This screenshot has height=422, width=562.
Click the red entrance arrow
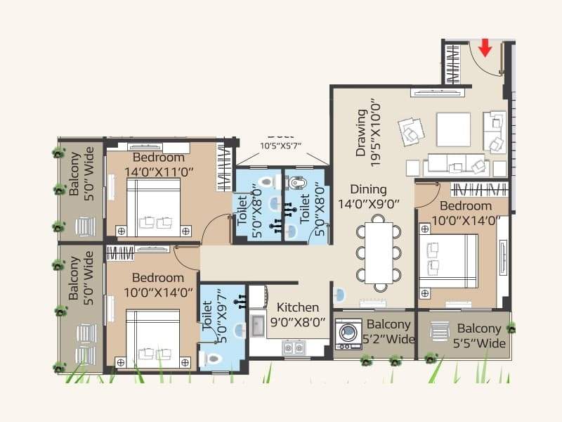pyautogui.click(x=484, y=48)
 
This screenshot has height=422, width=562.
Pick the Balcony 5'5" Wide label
pyautogui.click(x=480, y=335)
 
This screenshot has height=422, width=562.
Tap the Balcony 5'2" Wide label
pyautogui.click(x=388, y=331)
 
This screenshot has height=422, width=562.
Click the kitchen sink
pyautogui.click(x=256, y=326)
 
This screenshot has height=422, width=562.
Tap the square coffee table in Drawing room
pyautogui.click(x=453, y=129)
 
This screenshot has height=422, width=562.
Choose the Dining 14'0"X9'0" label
pyautogui.click(x=368, y=197)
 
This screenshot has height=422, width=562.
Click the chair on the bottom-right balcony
pyautogui.click(x=439, y=330)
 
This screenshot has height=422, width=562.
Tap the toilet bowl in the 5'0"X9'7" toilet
pyautogui.click(x=211, y=358)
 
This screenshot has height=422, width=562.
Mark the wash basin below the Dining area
pyautogui.click(x=339, y=295)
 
